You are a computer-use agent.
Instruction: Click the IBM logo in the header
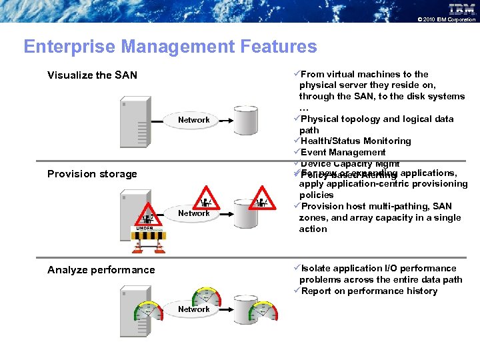click(461, 9)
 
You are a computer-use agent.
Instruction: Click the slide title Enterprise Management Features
click(170, 47)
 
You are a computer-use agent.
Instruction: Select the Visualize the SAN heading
click(92, 75)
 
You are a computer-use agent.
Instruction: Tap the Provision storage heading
click(92, 174)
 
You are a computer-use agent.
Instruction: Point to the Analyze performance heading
click(101, 270)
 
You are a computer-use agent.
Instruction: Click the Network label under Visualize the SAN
click(193, 120)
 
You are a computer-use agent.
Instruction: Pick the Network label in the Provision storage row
click(193, 213)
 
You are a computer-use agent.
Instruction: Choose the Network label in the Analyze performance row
click(193, 309)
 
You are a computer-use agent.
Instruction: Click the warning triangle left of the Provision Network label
click(207, 202)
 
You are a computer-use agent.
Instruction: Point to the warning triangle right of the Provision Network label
click(262, 202)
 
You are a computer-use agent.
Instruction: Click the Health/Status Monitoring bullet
click(355, 141)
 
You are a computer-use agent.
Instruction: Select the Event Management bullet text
click(343, 153)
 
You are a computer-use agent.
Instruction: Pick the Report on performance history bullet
click(369, 291)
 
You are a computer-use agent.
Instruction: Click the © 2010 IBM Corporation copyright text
click(446, 19)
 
